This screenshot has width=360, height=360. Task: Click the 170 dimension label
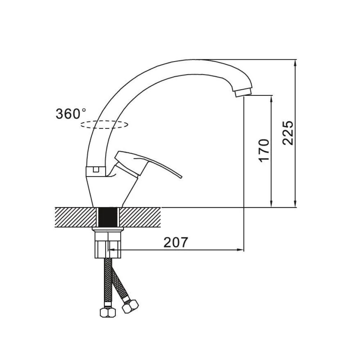tap(264, 150)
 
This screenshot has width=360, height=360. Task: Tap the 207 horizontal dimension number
tap(176, 242)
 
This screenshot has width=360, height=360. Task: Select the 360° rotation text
tap(71, 113)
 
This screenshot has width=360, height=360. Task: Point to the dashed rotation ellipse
tap(104, 125)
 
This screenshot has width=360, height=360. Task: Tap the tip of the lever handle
tap(181, 177)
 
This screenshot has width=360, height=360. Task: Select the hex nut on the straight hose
tap(108, 312)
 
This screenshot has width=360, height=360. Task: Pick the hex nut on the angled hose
tap(130, 306)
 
